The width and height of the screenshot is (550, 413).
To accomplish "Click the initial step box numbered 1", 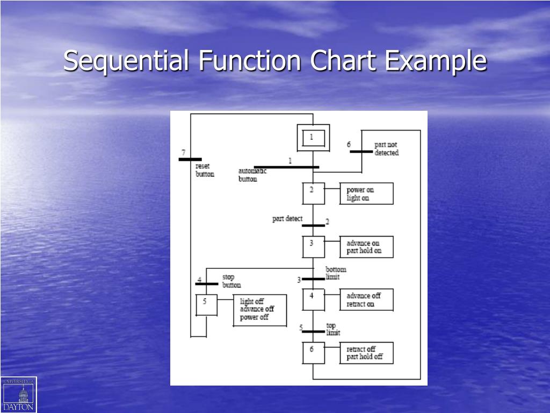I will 313,138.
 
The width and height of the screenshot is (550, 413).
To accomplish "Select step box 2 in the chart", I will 313,194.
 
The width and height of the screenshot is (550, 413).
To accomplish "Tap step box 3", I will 313,247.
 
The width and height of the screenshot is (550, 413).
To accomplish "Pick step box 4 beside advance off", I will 313,300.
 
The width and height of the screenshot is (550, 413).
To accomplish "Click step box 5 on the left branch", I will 206,305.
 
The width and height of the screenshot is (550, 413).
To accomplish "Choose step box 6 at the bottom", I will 313,353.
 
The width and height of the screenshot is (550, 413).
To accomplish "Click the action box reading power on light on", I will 366,194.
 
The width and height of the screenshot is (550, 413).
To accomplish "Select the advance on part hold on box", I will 366,247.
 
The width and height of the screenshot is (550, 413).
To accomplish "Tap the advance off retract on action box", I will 366,300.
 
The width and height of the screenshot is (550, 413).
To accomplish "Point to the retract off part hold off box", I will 366,353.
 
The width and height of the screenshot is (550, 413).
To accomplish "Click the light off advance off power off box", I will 260,310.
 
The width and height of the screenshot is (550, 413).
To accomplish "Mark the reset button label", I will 205,170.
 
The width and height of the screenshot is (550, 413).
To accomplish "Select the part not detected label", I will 387,149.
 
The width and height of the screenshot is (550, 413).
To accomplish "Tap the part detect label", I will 287,219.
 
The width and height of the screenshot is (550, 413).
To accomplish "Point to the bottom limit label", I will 336,273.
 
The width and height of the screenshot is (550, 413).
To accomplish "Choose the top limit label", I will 333,329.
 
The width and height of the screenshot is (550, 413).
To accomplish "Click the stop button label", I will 231,281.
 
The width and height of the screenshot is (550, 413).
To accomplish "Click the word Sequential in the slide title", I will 126,60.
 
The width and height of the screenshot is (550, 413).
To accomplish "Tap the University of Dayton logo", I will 19,394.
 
